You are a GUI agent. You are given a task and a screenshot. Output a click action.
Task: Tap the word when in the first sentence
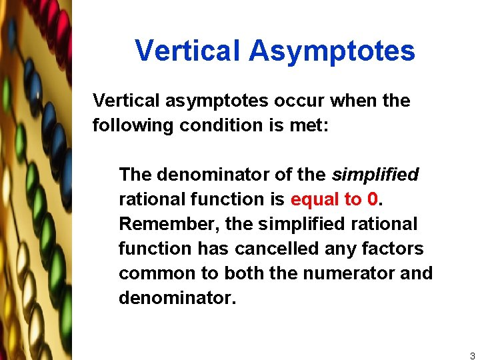coord(353,101)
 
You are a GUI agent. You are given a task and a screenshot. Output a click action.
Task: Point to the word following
coord(133,125)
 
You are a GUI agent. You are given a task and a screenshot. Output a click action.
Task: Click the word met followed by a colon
coord(312,125)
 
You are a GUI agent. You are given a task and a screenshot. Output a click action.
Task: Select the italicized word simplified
coord(375,175)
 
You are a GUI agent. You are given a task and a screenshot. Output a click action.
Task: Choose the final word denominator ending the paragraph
coord(177,298)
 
